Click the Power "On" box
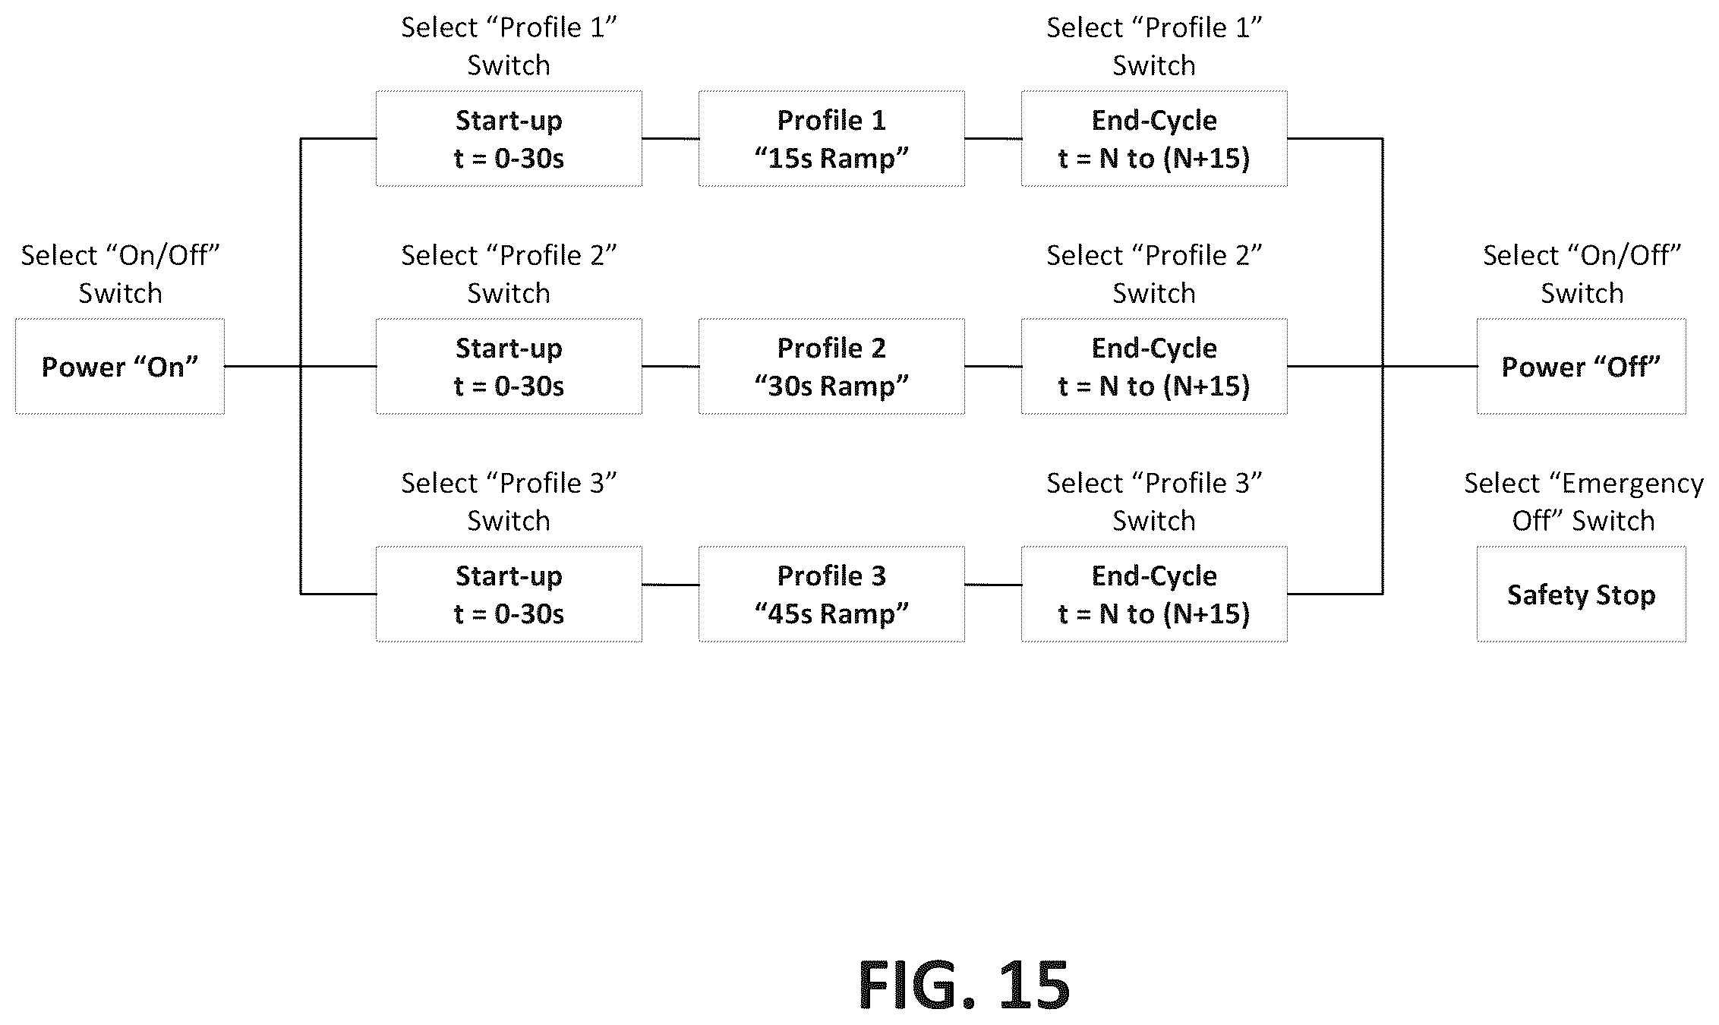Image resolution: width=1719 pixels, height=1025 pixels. pyautogui.click(x=120, y=366)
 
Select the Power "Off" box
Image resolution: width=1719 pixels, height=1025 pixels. pyautogui.click(x=1582, y=366)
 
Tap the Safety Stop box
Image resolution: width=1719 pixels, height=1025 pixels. pyautogui.click(x=1582, y=594)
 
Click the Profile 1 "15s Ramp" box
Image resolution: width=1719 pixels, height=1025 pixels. pyautogui.click(x=831, y=138)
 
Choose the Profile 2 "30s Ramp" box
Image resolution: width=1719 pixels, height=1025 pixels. pyautogui.click(x=831, y=366)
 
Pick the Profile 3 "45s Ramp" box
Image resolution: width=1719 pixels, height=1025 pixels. pyautogui.click(x=831, y=594)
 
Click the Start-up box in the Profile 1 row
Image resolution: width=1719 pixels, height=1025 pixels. pyautogui.click(x=509, y=138)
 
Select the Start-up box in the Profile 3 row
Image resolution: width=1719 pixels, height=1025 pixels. pyautogui.click(x=509, y=594)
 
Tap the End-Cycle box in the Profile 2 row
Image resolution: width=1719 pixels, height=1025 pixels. pyautogui.click(x=1154, y=366)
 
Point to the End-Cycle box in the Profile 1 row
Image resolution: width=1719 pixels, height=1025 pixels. pyautogui.click(x=1154, y=138)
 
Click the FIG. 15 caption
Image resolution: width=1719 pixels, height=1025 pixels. pyautogui.click(x=964, y=985)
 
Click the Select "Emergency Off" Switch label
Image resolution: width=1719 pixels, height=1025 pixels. pyautogui.click(x=1584, y=502)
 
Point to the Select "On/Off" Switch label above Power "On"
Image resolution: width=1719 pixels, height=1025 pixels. pyautogui.click(x=120, y=274)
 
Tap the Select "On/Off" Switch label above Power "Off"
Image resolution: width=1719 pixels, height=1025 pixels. pyautogui.click(x=1582, y=274)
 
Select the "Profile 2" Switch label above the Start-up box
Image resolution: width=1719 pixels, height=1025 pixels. pyautogui.click(x=509, y=274)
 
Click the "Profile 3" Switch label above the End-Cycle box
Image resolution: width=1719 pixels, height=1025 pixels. pyautogui.click(x=1154, y=502)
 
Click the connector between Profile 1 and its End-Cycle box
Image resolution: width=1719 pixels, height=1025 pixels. pyautogui.click(x=993, y=138)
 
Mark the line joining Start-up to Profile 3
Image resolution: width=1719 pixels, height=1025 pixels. pyautogui.click(x=670, y=585)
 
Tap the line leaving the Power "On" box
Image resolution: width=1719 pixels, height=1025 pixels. pyautogui.click(x=263, y=366)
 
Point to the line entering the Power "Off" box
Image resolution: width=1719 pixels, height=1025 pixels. pyautogui.click(x=1430, y=366)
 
